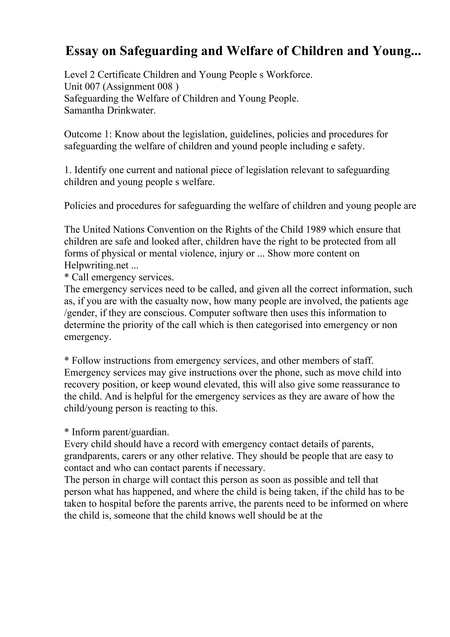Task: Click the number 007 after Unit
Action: click(92, 87)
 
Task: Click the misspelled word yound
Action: click(244, 146)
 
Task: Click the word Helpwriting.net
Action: click(96, 265)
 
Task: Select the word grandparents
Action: click(91, 456)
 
